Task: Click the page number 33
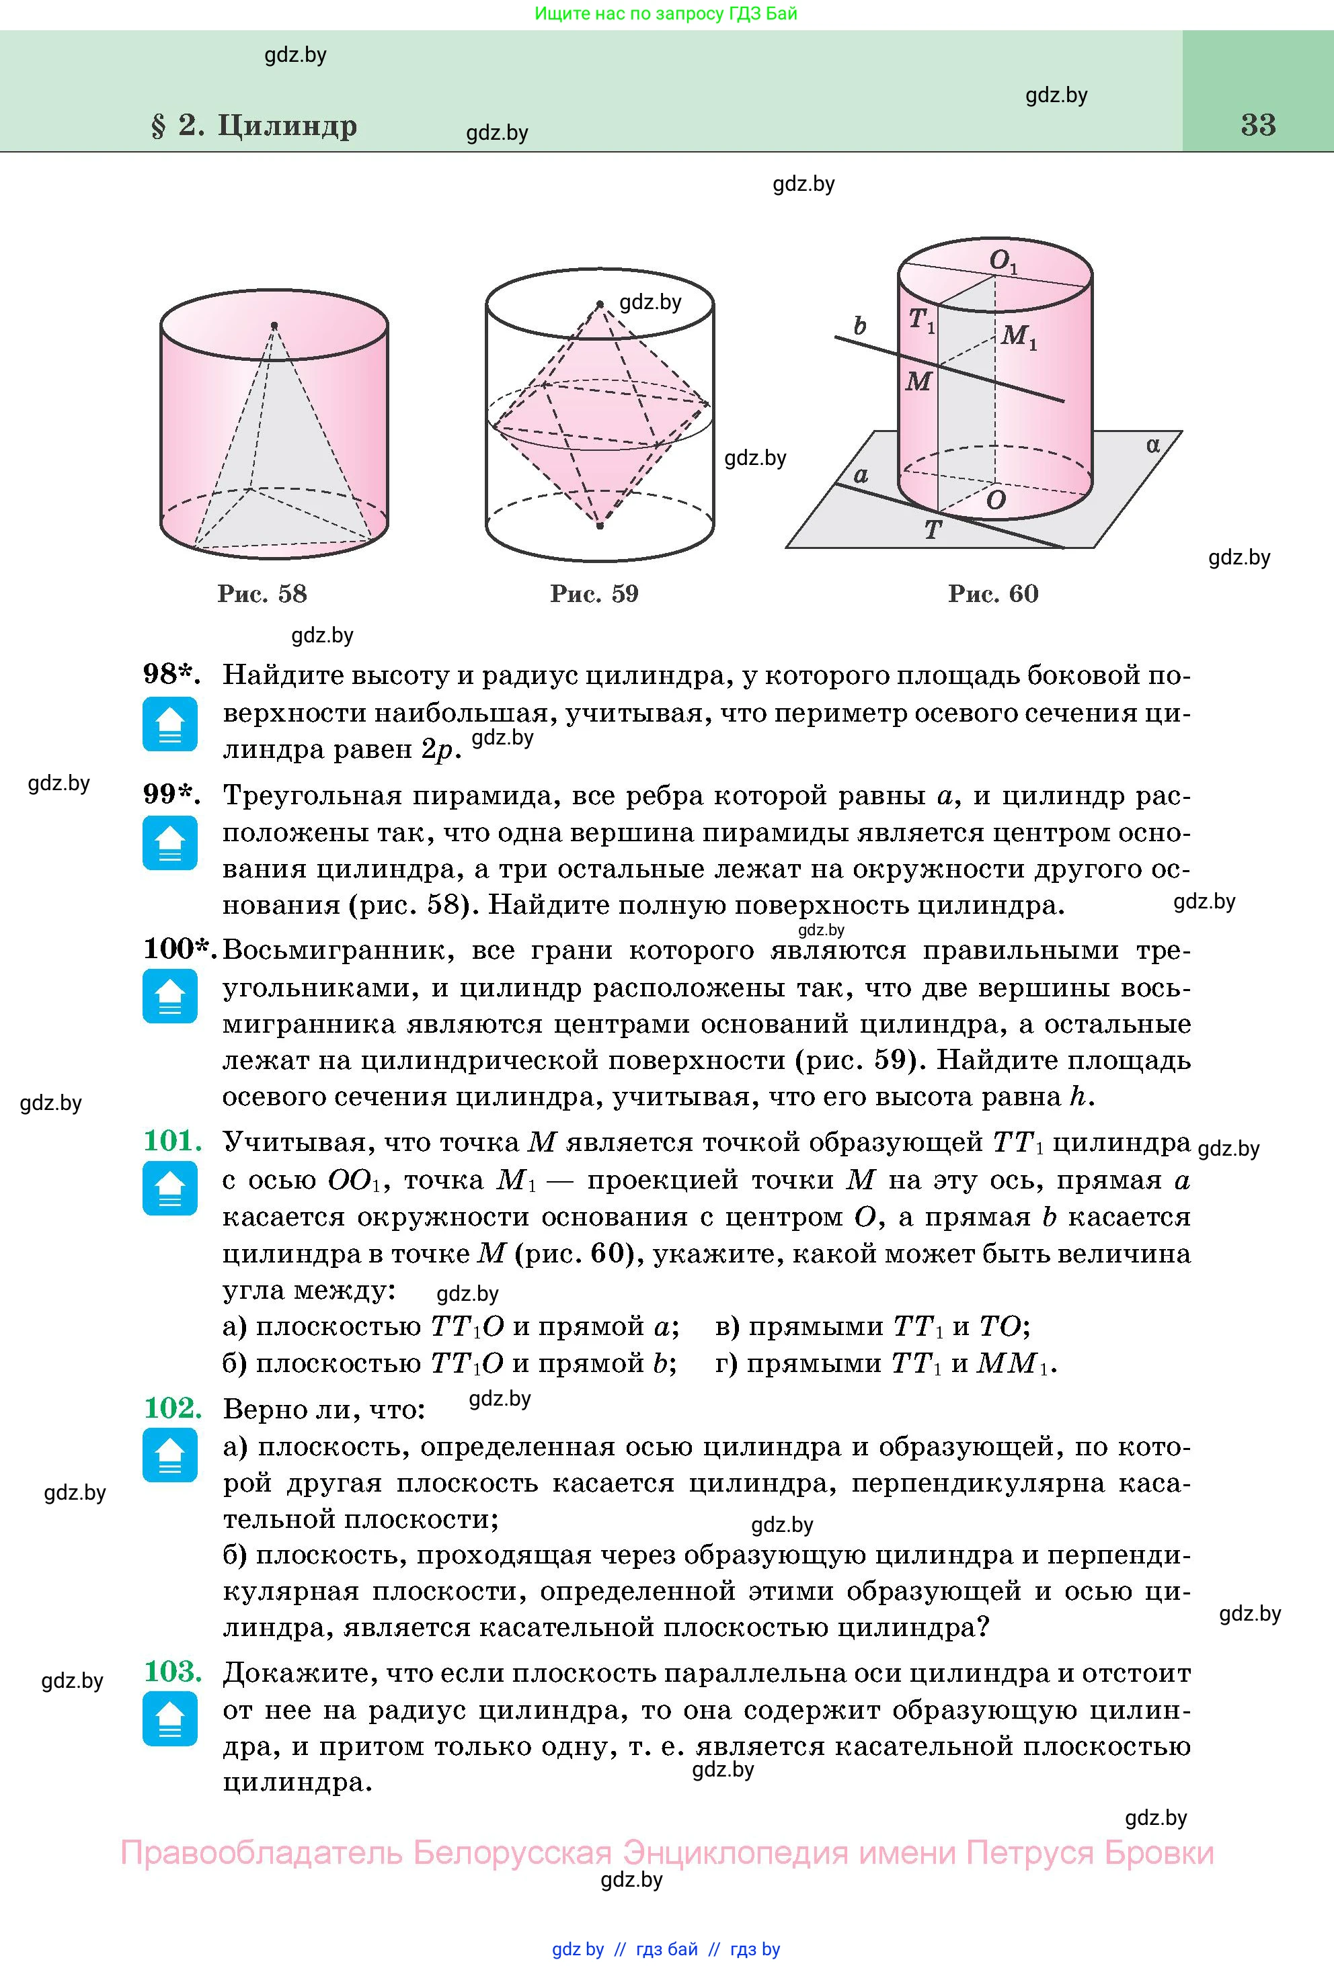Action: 1258,125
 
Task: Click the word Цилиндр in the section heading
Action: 287,125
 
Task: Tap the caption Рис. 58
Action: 262,594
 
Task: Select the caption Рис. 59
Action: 594,594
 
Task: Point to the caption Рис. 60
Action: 993,594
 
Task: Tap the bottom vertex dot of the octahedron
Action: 600,526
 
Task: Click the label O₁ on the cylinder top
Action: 1003,261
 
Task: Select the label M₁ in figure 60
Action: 1018,337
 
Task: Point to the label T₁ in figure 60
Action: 921,320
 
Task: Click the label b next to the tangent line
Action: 860,326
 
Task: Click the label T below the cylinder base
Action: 933,530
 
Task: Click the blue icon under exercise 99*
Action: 170,843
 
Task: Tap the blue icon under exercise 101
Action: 170,1188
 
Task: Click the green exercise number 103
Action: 173,1671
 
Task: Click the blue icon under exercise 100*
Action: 170,996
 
